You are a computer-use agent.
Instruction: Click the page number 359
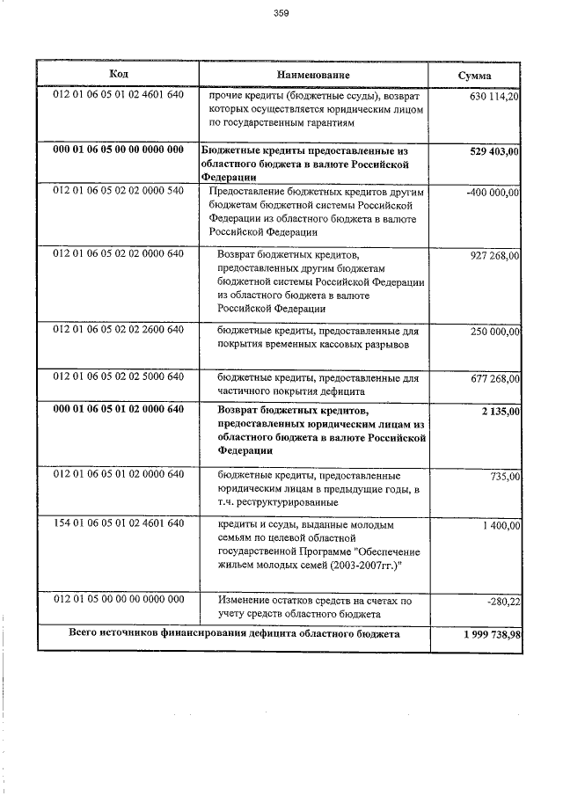[281, 13]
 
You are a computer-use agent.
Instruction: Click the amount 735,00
[503, 476]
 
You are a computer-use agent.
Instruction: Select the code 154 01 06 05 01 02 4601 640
[118, 524]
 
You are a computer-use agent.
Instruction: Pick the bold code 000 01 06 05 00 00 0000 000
[118, 150]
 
